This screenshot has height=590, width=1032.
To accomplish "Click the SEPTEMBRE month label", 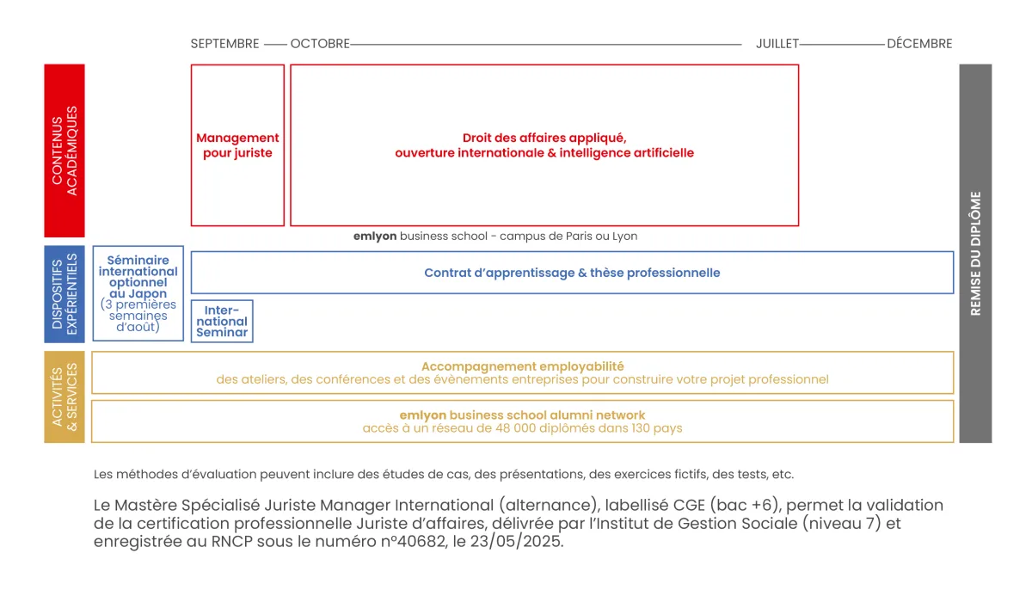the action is pyautogui.click(x=224, y=44).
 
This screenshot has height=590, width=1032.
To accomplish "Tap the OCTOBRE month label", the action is pyautogui.click(x=320, y=44).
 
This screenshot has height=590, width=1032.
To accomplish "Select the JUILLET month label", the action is pyautogui.click(x=777, y=44).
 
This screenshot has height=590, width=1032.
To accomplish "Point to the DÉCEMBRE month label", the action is pyautogui.click(x=919, y=44).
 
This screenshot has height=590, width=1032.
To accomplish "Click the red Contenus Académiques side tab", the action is pyautogui.click(x=64, y=151).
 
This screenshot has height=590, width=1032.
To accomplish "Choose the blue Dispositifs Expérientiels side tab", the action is pyautogui.click(x=64, y=293).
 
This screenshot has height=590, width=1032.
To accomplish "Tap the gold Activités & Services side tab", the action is pyautogui.click(x=64, y=396).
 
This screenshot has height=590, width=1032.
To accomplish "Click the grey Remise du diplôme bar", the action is pyautogui.click(x=975, y=253).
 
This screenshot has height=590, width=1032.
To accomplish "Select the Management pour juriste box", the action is pyautogui.click(x=237, y=145).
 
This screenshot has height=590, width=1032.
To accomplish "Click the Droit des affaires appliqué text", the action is pyautogui.click(x=544, y=138).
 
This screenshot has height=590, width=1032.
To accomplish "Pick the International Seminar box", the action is pyautogui.click(x=222, y=321).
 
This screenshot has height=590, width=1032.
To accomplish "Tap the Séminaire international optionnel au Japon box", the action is pyautogui.click(x=138, y=293).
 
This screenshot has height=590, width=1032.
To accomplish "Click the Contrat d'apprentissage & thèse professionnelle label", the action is pyautogui.click(x=572, y=273).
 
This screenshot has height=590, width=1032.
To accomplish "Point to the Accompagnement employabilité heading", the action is pyautogui.click(x=522, y=366).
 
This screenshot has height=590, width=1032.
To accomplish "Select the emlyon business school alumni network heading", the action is pyautogui.click(x=522, y=415).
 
